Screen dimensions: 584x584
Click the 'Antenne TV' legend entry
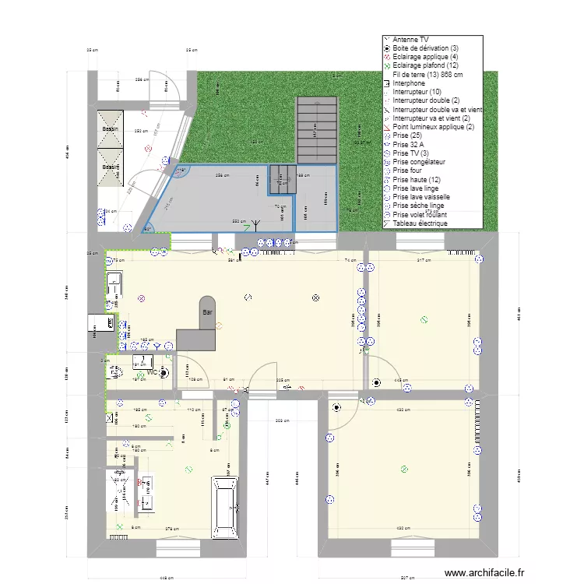[410, 39]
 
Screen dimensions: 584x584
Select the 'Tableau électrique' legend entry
[420, 223]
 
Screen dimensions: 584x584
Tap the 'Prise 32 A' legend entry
[408, 144]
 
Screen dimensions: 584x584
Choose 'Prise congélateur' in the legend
[419, 162]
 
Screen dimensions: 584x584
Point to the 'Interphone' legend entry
[409, 83]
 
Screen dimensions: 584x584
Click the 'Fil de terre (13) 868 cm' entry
[427, 74]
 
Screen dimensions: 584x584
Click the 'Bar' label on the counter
[207, 312]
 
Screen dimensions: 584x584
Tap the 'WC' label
[153, 372]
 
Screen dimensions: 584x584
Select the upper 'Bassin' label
[109, 129]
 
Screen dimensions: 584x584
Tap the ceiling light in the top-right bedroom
[424, 318]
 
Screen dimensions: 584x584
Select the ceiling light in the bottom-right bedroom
[403, 469]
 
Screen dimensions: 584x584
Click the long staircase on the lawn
[316, 129]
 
